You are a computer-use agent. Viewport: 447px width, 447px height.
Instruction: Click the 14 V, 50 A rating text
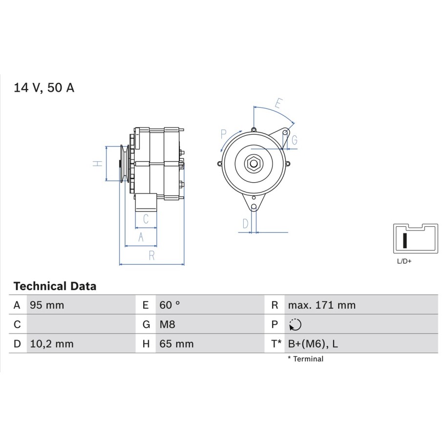point(44,87)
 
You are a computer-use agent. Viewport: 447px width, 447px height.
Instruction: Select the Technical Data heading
point(55,286)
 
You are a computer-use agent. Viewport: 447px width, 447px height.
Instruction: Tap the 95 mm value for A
point(47,305)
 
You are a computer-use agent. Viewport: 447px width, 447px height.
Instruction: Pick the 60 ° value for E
point(170,305)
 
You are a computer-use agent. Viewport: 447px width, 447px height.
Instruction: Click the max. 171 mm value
point(322,305)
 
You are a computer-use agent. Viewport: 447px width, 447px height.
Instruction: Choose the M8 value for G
point(168,324)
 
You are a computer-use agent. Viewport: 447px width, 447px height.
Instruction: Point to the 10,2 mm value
point(52,344)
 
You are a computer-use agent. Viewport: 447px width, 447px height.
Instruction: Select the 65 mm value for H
point(176,344)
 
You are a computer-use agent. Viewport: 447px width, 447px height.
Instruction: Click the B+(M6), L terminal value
point(313,344)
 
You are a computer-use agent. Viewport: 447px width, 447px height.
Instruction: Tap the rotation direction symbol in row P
point(295,325)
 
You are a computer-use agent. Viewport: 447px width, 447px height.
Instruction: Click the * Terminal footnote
point(306,359)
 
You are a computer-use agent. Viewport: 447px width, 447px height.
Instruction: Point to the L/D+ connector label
point(404,261)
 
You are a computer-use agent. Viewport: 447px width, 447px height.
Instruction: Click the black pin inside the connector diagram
point(404,240)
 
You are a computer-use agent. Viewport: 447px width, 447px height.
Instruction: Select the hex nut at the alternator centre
point(253,164)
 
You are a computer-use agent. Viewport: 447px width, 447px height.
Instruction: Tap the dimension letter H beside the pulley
point(98,164)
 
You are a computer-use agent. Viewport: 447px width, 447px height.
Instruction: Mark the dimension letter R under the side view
point(151,255)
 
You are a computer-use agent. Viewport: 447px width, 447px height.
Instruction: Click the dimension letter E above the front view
point(278,103)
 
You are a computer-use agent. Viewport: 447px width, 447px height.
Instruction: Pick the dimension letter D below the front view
point(245,224)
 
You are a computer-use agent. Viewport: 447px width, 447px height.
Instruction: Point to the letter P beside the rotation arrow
point(224,134)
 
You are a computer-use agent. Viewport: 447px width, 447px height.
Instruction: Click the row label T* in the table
point(276,344)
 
